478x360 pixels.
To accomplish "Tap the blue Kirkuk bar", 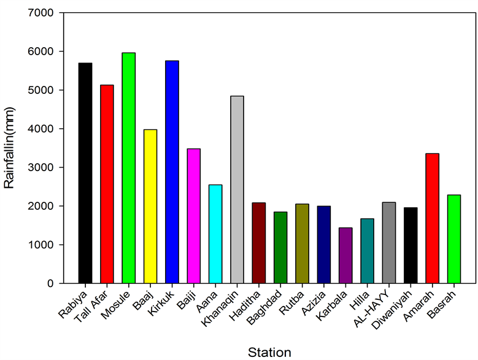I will click(x=172, y=172).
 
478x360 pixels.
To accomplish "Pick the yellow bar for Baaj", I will click(x=150, y=206).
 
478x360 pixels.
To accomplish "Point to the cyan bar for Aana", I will click(x=215, y=234).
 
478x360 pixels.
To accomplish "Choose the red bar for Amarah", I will click(x=432, y=218).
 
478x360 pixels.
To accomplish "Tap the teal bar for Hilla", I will click(x=367, y=251).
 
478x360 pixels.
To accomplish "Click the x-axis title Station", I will click(x=269, y=351).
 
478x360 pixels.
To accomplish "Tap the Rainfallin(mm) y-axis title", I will click(x=9, y=147).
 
